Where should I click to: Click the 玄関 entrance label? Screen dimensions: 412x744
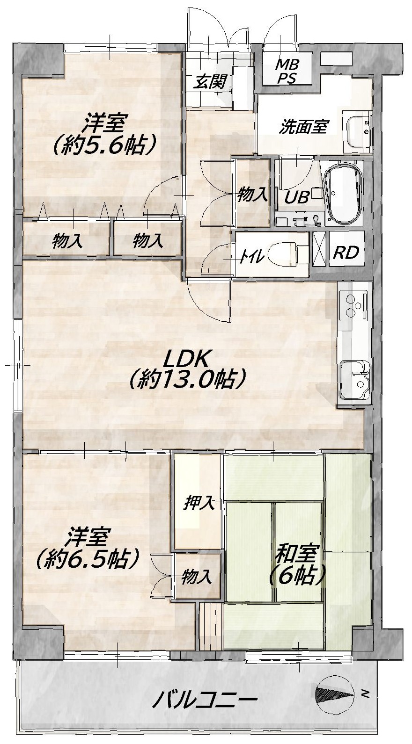click(211, 81)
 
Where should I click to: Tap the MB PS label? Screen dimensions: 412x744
click(287, 71)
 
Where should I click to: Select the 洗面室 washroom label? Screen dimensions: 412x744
click(303, 127)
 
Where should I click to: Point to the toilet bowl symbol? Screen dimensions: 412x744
click(283, 254)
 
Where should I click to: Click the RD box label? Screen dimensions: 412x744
click(346, 253)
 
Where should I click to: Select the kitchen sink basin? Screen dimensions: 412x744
click(354, 379)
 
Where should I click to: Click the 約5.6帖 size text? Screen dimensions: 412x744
click(104, 145)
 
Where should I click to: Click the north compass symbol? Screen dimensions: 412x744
click(335, 691)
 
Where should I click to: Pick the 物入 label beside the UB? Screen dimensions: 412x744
click(252, 195)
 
